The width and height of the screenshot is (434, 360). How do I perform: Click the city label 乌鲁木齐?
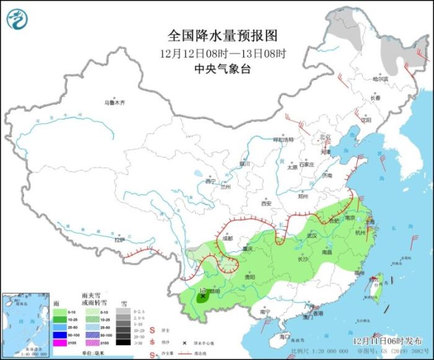coord(114,102)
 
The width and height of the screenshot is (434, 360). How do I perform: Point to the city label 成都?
coord(226,238)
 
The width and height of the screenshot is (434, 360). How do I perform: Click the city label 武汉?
coord(311,236)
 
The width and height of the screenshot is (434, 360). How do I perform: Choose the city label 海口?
coord(285,336)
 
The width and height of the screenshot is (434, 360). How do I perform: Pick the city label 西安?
coord(267,203)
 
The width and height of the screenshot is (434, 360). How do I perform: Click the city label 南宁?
coord(267,313)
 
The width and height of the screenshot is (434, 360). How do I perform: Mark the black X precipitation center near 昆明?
coord(203,297)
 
